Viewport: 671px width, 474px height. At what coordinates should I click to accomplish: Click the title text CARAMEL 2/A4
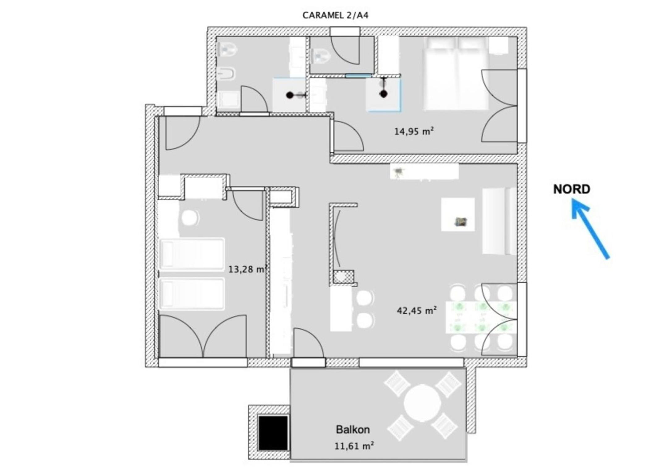pyautogui.click(x=335, y=15)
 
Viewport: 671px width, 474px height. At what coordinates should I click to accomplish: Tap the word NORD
pyautogui.click(x=571, y=189)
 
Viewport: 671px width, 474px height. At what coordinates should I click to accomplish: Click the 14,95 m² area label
pyautogui.click(x=414, y=131)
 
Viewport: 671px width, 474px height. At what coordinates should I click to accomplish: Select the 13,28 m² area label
pyautogui.click(x=248, y=269)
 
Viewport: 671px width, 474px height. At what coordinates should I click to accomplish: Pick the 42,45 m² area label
pyautogui.click(x=417, y=310)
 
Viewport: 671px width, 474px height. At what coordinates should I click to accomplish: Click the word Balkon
pyautogui.click(x=353, y=429)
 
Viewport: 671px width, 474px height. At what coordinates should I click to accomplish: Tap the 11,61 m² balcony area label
pyautogui.click(x=354, y=446)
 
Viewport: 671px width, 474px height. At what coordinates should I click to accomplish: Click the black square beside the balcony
pyautogui.click(x=273, y=433)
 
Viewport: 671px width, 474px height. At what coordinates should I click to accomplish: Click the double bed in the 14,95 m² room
pyautogui.click(x=456, y=73)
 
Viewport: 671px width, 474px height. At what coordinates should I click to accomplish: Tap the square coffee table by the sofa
pyautogui.click(x=458, y=214)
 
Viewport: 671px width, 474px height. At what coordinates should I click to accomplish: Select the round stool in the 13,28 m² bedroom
pyautogui.click(x=190, y=218)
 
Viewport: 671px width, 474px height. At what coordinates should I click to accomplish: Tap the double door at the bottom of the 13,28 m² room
pyautogui.click(x=203, y=336)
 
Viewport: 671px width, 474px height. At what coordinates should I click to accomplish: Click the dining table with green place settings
pyautogui.click(x=481, y=317)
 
